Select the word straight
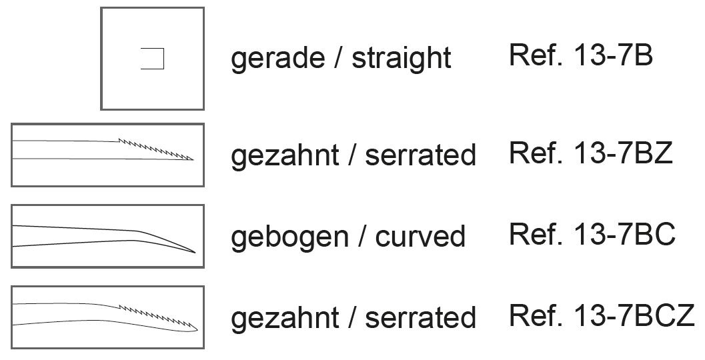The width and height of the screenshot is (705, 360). (402, 59)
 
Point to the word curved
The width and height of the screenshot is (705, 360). (420, 237)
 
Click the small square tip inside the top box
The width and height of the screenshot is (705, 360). (153, 59)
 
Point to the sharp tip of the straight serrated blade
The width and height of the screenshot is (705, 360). (193, 159)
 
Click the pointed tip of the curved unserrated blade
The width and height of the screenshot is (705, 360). (194, 252)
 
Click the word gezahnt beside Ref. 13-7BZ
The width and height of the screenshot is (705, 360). (284, 156)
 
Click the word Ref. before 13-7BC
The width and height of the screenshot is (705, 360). (530, 234)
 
